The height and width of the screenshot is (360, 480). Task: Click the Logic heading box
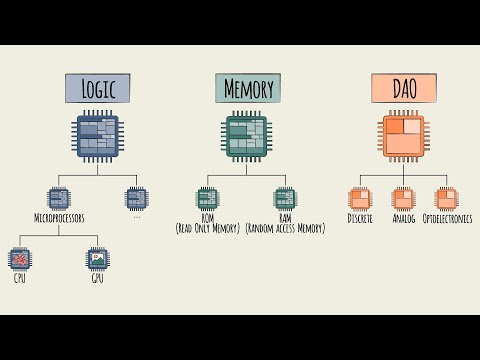pyautogui.click(x=98, y=89)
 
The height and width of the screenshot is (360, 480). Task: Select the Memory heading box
pyautogui.click(x=248, y=89)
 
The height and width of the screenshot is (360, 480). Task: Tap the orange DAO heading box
pyautogui.click(x=402, y=89)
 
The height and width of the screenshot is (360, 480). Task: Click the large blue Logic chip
pyautogui.click(x=98, y=138)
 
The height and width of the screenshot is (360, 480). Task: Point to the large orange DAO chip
pyautogui.click(x=402, y=138)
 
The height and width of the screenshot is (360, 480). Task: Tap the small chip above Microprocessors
pyautogui.click(x=59, y=198)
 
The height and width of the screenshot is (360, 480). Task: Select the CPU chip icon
pyautogui.click(x=20, y=258)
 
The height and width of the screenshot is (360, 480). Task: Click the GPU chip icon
pyautogui.click(x=97, y=258)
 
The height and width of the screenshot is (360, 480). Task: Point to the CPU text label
pyautogui.click(x=20, y=278)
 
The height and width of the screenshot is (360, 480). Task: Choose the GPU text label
pyautogui.click(x=97, y=278)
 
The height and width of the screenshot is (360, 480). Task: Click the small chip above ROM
pyautogui.click(x=207, y=198)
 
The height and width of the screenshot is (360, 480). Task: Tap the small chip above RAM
pyautogui.click(x=285, y=198)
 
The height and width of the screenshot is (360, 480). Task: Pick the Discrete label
pyautogui.click(x=360, y=218)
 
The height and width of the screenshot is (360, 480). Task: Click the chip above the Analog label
pyautogui.click(x=403, y=198)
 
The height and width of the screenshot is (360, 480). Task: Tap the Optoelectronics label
pyautogui.click(x=447, y=218)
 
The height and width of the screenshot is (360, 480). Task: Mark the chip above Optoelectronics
pyautogui.click(x=446, y=198)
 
